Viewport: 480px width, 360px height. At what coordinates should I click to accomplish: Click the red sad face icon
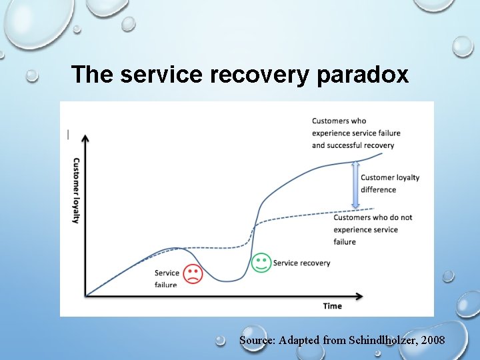pos(193,274)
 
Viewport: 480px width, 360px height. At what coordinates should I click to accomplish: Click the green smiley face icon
pos(261,263)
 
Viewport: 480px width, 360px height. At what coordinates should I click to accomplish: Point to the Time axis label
pos(332,306)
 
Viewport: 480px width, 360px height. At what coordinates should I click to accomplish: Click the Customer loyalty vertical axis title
pos(76,190)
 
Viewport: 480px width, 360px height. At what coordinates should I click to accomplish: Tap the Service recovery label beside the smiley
pos(301,263)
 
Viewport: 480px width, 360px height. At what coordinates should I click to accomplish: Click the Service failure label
pos(167,279)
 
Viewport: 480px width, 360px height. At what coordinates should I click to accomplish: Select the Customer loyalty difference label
pos(389,183)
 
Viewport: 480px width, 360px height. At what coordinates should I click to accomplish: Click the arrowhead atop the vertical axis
pos(85,138)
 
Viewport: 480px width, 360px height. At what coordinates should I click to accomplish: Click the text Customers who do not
pos(373,217)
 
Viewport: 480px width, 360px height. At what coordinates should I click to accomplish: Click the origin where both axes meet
pos(85,295)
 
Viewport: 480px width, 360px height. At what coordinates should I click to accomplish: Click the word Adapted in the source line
pos(299,340)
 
